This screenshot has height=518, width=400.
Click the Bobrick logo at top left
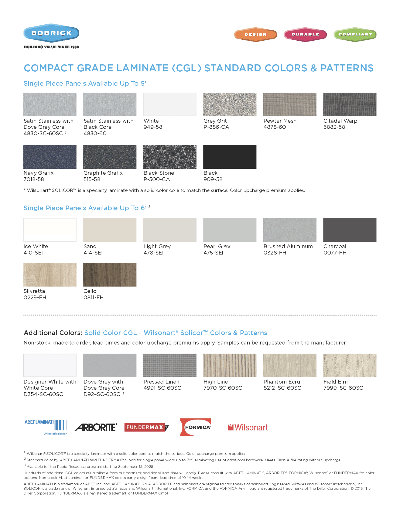[51, 33]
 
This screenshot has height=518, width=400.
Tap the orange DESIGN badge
[255, 34]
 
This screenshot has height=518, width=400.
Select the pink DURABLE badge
[305, 34]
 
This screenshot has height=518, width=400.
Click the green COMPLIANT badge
[355, 34]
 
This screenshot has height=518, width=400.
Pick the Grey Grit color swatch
[230, 104]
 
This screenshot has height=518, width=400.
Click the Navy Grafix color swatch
[50, 157]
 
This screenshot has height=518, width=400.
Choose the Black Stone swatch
[170, 157]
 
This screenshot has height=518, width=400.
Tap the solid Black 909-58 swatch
[230, 157]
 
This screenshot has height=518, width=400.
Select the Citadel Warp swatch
[350, 104]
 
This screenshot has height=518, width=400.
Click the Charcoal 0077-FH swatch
[350, 230]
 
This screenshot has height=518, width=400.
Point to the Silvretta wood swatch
[50, 274]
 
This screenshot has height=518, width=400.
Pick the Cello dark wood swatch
[110, 274]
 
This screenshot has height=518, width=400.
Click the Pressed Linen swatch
[170, 365]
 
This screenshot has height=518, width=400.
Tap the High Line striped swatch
[230, 365]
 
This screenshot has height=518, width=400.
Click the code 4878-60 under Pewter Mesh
[275, 127]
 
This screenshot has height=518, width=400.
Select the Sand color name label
[90, 246]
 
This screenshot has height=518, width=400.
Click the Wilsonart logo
[248, 427]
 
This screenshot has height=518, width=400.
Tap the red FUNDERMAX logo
[146, 427]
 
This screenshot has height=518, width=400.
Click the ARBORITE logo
[96, 427]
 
